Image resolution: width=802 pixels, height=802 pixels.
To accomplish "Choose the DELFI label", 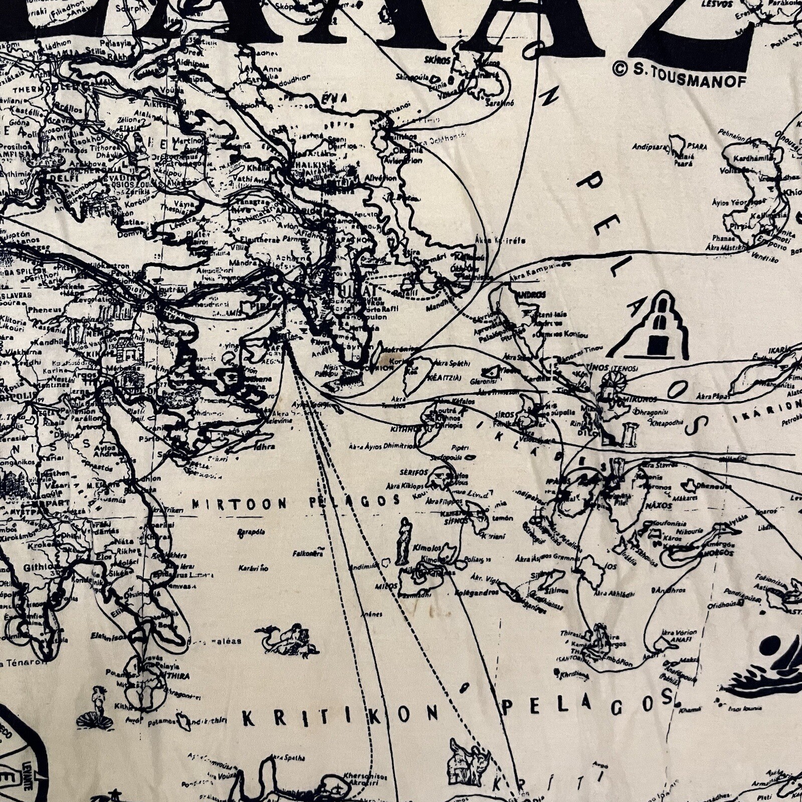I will pos(60,178).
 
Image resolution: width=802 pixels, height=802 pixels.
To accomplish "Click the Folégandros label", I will pos(476,592).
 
